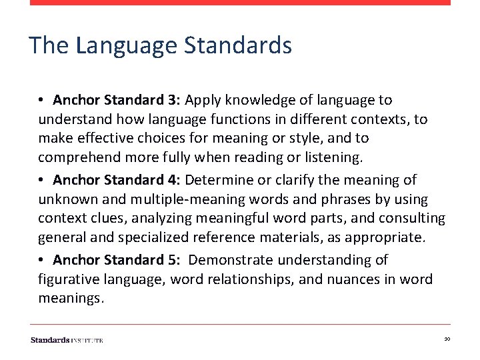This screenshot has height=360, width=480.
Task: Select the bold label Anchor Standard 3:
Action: [x=117, y=100]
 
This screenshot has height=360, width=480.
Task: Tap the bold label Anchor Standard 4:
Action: [x=117, y=180]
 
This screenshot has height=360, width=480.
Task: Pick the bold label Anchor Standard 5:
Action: [x=117, y=260]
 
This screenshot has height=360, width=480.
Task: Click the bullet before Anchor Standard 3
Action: [x=41, y=100]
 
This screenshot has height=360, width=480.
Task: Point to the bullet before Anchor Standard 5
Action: [x=41, y=260]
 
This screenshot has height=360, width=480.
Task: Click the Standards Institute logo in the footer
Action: [x=67, y=340]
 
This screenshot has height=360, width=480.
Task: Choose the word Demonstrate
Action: [x=227, y=260]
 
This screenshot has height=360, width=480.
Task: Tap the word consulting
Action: [x=412, y=218]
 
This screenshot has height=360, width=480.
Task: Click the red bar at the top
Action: [x=240, y=3]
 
